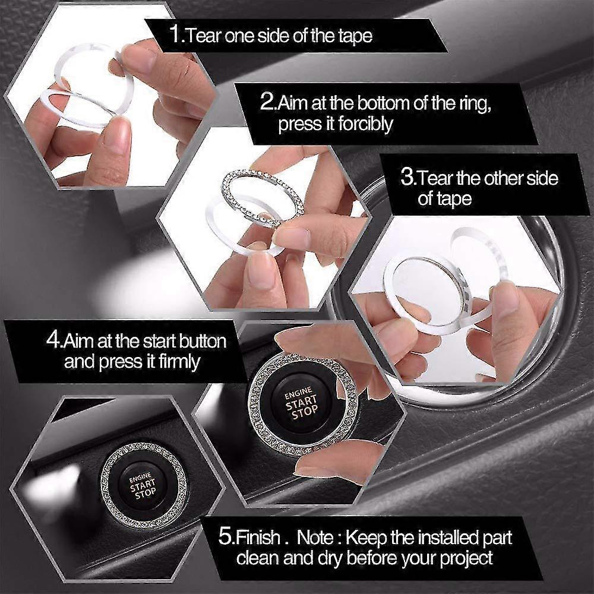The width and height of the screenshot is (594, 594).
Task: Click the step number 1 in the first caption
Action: coord(175,34)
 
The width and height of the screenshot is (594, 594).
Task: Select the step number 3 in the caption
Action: coord(407,177)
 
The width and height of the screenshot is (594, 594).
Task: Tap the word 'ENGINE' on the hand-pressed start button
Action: coord(299,393)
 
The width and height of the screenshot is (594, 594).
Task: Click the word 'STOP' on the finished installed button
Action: coord(146,493)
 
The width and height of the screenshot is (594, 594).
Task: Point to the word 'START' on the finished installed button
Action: coord(143,485)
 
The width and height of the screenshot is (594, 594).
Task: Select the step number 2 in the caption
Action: coord(267,102)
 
